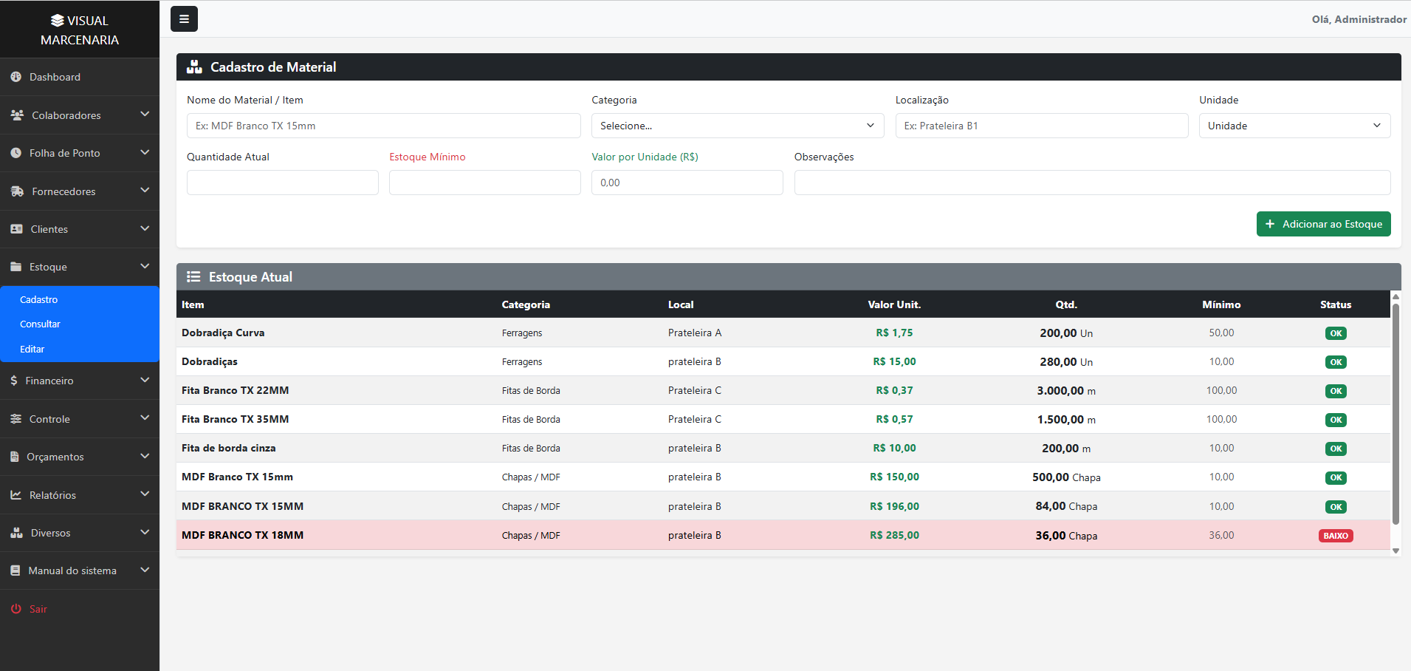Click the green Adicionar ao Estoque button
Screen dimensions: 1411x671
click(1323, 224)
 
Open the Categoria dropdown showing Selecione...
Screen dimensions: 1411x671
click(738, 126)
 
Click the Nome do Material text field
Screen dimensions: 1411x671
click(383, 126)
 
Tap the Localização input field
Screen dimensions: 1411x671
click(1042, 126)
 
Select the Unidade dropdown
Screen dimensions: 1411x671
click(1294, 126)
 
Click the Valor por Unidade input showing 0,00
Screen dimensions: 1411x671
click(687, 183)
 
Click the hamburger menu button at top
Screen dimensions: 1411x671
click(184, 19)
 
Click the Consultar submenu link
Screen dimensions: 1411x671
click(41, 324)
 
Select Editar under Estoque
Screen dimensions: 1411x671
click(32, 350)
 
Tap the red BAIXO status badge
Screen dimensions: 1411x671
click(1336, 536)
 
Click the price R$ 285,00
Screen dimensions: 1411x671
click(894, 535)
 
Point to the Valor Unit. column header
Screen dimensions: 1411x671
click(894, 304)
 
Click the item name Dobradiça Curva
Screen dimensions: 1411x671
click(223, 333)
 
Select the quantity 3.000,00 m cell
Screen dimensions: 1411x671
click(1066, 390)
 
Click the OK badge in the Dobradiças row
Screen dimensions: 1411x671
click(1336, 362)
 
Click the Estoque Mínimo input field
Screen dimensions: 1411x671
click(484, 183)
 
